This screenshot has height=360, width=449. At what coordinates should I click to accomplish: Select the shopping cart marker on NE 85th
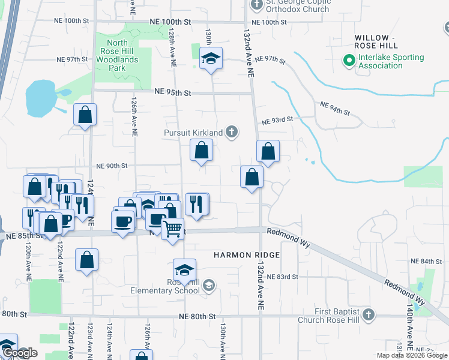coord(173,228)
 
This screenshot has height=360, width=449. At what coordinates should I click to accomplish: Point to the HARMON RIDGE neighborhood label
coord(247,255)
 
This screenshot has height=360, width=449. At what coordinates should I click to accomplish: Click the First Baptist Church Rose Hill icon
coord(369,314)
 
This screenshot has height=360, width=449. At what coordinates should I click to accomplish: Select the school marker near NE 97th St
coord(211,59)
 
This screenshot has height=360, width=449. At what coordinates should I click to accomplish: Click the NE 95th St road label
coord(172,92)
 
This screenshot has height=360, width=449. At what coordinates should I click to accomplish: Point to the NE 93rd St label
coord(277,119)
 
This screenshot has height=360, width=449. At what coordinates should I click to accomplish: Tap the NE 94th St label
coord(334,108)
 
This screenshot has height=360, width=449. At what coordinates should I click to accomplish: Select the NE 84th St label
coord(426,262)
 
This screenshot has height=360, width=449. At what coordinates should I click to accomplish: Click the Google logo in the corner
coord(20,353)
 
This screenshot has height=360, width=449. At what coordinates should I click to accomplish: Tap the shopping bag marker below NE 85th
coord(86,260)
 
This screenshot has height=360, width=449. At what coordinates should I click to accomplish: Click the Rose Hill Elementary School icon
coord(208,284)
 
